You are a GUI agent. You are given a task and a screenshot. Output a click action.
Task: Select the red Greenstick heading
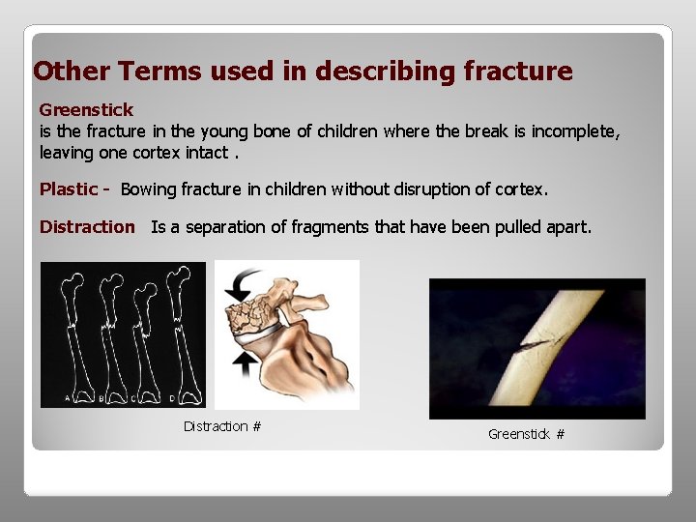point(86,110)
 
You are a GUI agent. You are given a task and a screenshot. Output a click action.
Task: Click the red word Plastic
point(69,189)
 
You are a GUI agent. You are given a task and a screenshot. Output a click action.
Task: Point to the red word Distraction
point(87,227)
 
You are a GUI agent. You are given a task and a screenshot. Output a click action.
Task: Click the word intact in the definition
point(199,152)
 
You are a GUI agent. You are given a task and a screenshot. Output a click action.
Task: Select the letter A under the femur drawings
point(66,396)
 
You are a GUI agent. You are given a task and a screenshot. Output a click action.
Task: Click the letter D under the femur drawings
point(172,396)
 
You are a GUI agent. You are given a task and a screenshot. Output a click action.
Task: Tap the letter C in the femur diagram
point(133,396)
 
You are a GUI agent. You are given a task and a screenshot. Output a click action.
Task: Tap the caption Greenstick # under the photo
point(526,434)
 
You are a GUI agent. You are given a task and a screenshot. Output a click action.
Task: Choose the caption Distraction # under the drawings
point(222,426)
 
